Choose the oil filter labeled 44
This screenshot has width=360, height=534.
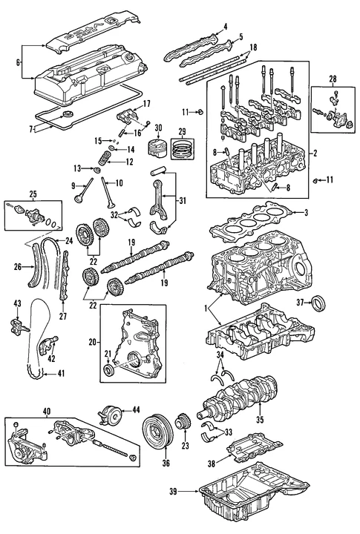click(111, 415)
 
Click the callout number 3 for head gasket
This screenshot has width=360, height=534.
click(304, 213)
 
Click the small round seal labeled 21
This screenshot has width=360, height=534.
click(110, 369)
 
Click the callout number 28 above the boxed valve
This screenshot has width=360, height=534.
click(332, 78)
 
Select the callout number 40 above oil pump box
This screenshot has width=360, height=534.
click(46, 411)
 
